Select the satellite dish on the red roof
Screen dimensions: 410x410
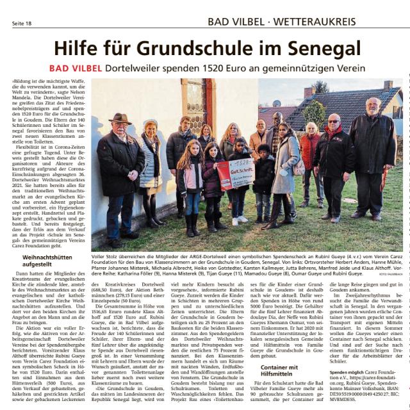point(276,102)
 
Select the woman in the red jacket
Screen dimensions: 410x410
point(311,154)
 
